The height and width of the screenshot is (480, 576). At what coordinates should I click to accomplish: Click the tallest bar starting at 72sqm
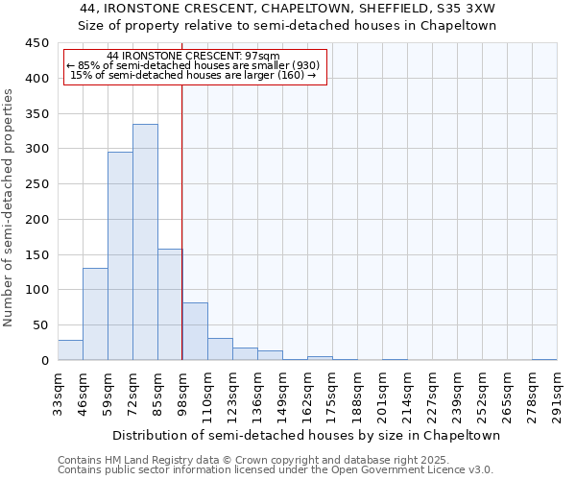145,242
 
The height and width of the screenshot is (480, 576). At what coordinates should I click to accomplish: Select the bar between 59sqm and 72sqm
120,255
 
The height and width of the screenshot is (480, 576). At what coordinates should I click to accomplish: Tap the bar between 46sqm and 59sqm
95,314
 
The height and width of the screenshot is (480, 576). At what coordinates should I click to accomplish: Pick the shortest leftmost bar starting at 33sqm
70,350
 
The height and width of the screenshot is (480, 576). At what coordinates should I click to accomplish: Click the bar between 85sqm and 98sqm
170,304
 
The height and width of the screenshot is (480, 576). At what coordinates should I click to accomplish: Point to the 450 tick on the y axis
36,43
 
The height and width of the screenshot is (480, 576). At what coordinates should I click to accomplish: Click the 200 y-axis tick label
36,220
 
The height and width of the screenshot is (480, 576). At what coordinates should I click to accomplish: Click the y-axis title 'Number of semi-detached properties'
9,207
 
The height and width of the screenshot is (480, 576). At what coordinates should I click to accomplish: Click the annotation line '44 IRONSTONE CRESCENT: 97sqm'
194,56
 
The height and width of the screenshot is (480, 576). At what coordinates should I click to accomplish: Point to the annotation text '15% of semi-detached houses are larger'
194,75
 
